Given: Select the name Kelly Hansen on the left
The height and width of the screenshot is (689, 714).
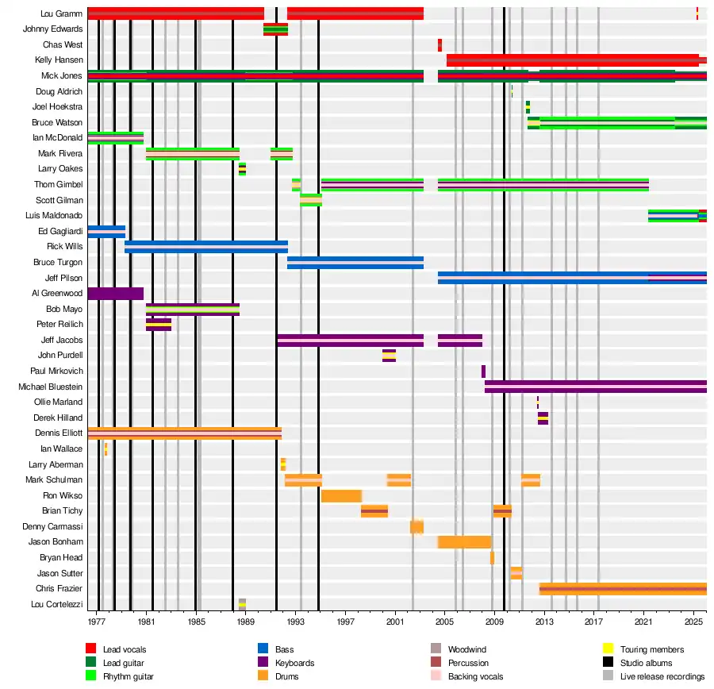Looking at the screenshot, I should tap(59, 60).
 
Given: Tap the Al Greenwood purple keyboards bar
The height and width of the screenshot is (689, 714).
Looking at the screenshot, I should tap(115, 294).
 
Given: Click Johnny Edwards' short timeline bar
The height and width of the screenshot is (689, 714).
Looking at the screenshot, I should tap(275, 29).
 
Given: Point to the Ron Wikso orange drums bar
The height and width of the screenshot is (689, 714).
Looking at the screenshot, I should tap(341, 496).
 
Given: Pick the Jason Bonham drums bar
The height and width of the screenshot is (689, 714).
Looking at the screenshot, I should tap(464, 542).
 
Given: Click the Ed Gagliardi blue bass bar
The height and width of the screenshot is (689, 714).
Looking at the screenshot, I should tap(106, 231).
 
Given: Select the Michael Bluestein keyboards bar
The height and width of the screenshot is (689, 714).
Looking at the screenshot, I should tap(595, 387).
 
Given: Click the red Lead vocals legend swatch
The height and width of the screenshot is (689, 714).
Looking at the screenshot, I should tap(90, 649).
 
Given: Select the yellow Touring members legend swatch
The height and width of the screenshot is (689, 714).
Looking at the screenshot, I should tap(608, 649).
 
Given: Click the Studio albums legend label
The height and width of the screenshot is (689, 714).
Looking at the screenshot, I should tap(646, 663).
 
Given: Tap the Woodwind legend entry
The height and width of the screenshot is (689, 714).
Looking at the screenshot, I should tap(466, 649).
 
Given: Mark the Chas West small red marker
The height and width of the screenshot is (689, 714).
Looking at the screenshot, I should tap(440, 44).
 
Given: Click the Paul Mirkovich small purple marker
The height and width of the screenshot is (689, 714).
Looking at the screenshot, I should tap(483, 371).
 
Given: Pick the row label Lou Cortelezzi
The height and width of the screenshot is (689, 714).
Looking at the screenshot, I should tap(56, 605).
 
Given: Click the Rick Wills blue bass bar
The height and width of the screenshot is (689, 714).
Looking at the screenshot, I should tap(206, 246).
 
